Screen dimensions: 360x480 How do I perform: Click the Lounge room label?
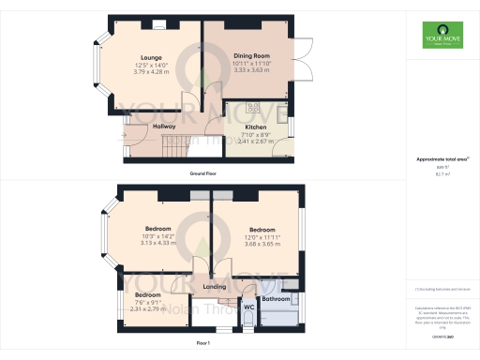(152, 56)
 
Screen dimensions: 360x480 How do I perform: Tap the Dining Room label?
(250, 56)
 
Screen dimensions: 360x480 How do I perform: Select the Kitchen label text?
(256, 127)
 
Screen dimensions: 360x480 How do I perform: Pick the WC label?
(249, 306)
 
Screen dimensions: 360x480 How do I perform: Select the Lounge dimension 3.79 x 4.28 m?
(152, 70)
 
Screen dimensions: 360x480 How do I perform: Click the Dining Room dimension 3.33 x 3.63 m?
(250, 70)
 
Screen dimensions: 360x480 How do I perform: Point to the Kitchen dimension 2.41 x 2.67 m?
(256, 141)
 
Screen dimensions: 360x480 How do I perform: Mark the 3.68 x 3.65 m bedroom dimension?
(262, 244)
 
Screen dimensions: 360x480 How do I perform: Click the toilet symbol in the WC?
(247, 321)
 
